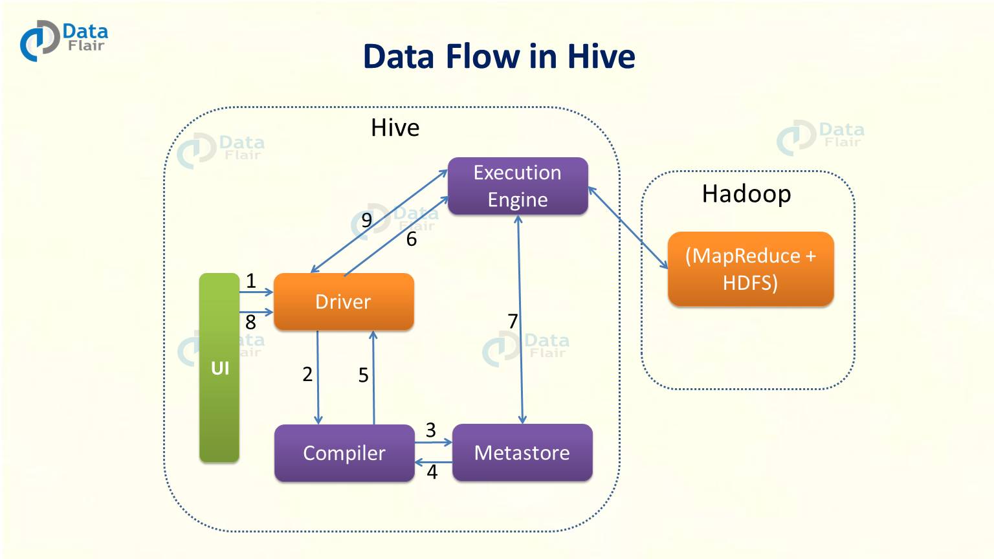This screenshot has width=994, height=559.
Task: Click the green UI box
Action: pos(219,367)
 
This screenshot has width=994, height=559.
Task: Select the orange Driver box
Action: pos(343,301)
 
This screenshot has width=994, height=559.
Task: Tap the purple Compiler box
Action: pos(344,453)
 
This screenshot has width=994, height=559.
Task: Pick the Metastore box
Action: pos(522,452)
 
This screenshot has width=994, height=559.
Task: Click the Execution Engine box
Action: pos(517,186)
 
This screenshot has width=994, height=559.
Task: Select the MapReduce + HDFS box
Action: pos(750,269)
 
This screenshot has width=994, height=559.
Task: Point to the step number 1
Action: pos(251,281)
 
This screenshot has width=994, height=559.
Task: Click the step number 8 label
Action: pos(250,322)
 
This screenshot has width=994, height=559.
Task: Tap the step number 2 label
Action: pos(307,374)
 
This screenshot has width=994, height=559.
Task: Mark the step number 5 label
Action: pos(364,375)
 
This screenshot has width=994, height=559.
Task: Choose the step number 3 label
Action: pos(431,430)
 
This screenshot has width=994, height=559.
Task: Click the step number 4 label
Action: pos(432,472)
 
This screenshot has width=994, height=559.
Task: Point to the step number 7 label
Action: pos(513,321)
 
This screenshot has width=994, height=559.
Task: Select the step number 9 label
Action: pos(367,221)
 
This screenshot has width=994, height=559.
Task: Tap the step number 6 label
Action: pos(412,239)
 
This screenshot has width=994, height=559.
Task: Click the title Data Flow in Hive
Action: pos(498,56)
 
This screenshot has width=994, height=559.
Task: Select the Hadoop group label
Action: pos(746,193)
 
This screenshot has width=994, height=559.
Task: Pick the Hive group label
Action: pos(395,127)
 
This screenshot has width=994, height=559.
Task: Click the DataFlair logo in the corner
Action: pos(63,40)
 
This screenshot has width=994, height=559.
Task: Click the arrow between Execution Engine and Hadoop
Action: pos(628,228)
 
